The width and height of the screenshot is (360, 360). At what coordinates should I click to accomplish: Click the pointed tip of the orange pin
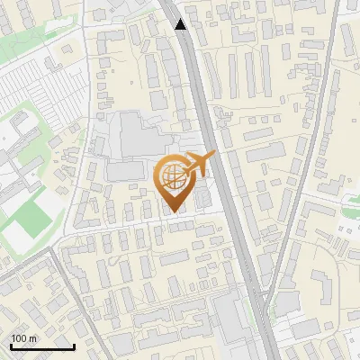pos(172,212)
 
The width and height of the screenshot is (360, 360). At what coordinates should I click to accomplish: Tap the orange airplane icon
pos(201,165)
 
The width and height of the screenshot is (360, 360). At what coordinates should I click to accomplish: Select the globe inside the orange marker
pos(172,176)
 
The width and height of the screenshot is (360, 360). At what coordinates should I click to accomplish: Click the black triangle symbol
pos(181,24)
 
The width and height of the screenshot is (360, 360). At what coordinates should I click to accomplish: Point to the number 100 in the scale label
pos(19,338)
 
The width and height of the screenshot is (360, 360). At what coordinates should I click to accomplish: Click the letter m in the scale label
pos(32,338)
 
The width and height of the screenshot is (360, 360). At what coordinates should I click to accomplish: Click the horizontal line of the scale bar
pos(41,346)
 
